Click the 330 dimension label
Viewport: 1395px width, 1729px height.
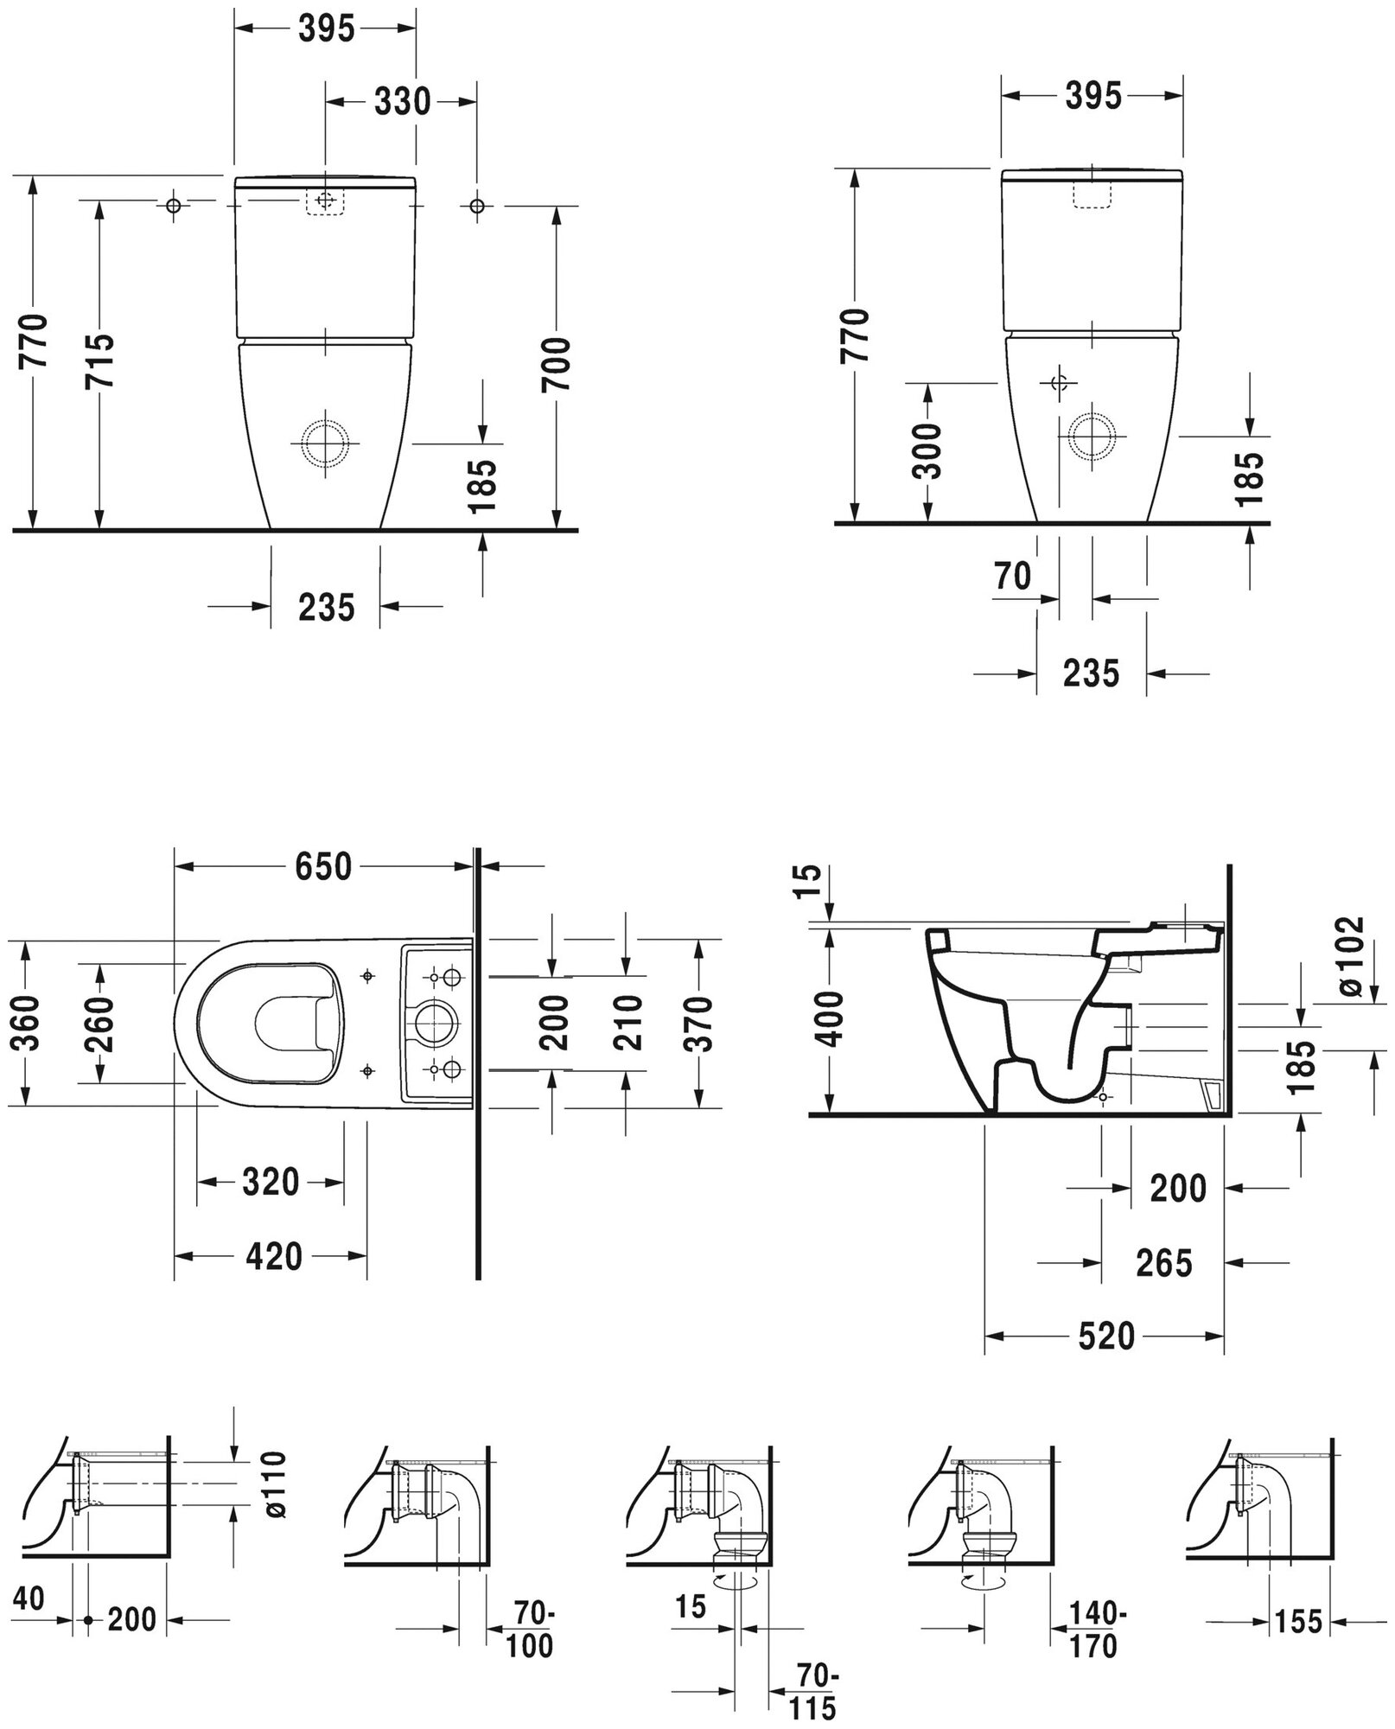(403, 102)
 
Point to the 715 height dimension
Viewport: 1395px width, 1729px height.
(100, 340)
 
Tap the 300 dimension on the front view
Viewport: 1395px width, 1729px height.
(928, 451)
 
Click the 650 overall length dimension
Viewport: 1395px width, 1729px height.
(324, 866)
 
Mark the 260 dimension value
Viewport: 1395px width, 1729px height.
(100, 1024)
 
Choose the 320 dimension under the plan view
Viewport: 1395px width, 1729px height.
(271, 1182)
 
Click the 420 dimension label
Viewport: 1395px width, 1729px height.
(274, 1256)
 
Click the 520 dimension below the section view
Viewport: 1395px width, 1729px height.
(1106, 1337)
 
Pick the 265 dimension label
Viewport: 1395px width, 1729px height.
(1164, 1263)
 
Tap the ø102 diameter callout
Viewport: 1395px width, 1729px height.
(1353, 957)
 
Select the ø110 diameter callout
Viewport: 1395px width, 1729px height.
(275, 1484)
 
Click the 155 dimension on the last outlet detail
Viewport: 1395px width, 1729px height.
(1297, 1621)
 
